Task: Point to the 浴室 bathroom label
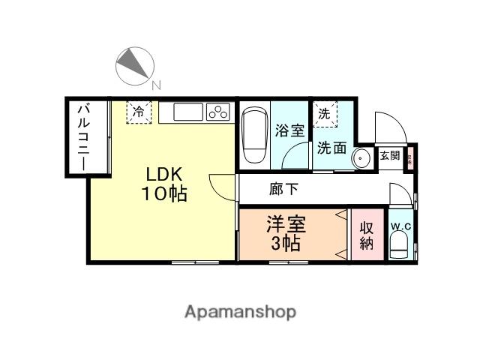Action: (289, 130)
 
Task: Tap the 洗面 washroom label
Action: (330, 148)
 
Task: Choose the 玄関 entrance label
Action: (389, 156)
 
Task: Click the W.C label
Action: (399, 225)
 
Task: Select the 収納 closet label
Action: (367, 235)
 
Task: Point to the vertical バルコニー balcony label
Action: (82, 137)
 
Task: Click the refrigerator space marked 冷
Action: (139, 112)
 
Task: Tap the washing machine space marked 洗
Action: (325, 115)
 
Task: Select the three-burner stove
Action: (218, 112)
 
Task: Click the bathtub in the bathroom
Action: (253, 133)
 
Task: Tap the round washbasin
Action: (361, 158)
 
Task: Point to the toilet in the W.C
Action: (399, 244)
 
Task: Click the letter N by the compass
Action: (156, 85)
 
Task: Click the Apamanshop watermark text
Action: (241, 311)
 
